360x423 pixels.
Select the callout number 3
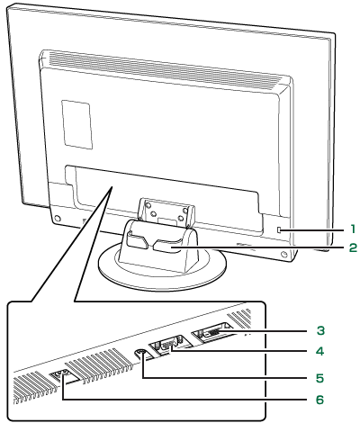pyautogui.click(x=320, y=330)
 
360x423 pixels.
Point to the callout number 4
pyautogui.click(x=320, y=351)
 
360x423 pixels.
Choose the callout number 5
pyautogui.click(x=320, y=378)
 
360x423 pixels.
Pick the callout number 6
pyautogui.click(x=320, y=400)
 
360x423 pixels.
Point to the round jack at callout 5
pyautogui.click(x=141, y=354)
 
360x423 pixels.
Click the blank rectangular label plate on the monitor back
pyautogui.click(x=76, y=124)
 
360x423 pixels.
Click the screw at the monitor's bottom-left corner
pyautogui.click(x=58, y=218)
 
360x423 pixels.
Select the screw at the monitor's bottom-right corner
pyautogui.click(x=283, y=255)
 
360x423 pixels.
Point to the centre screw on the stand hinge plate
pyautogui.click(x=153, y=214)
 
